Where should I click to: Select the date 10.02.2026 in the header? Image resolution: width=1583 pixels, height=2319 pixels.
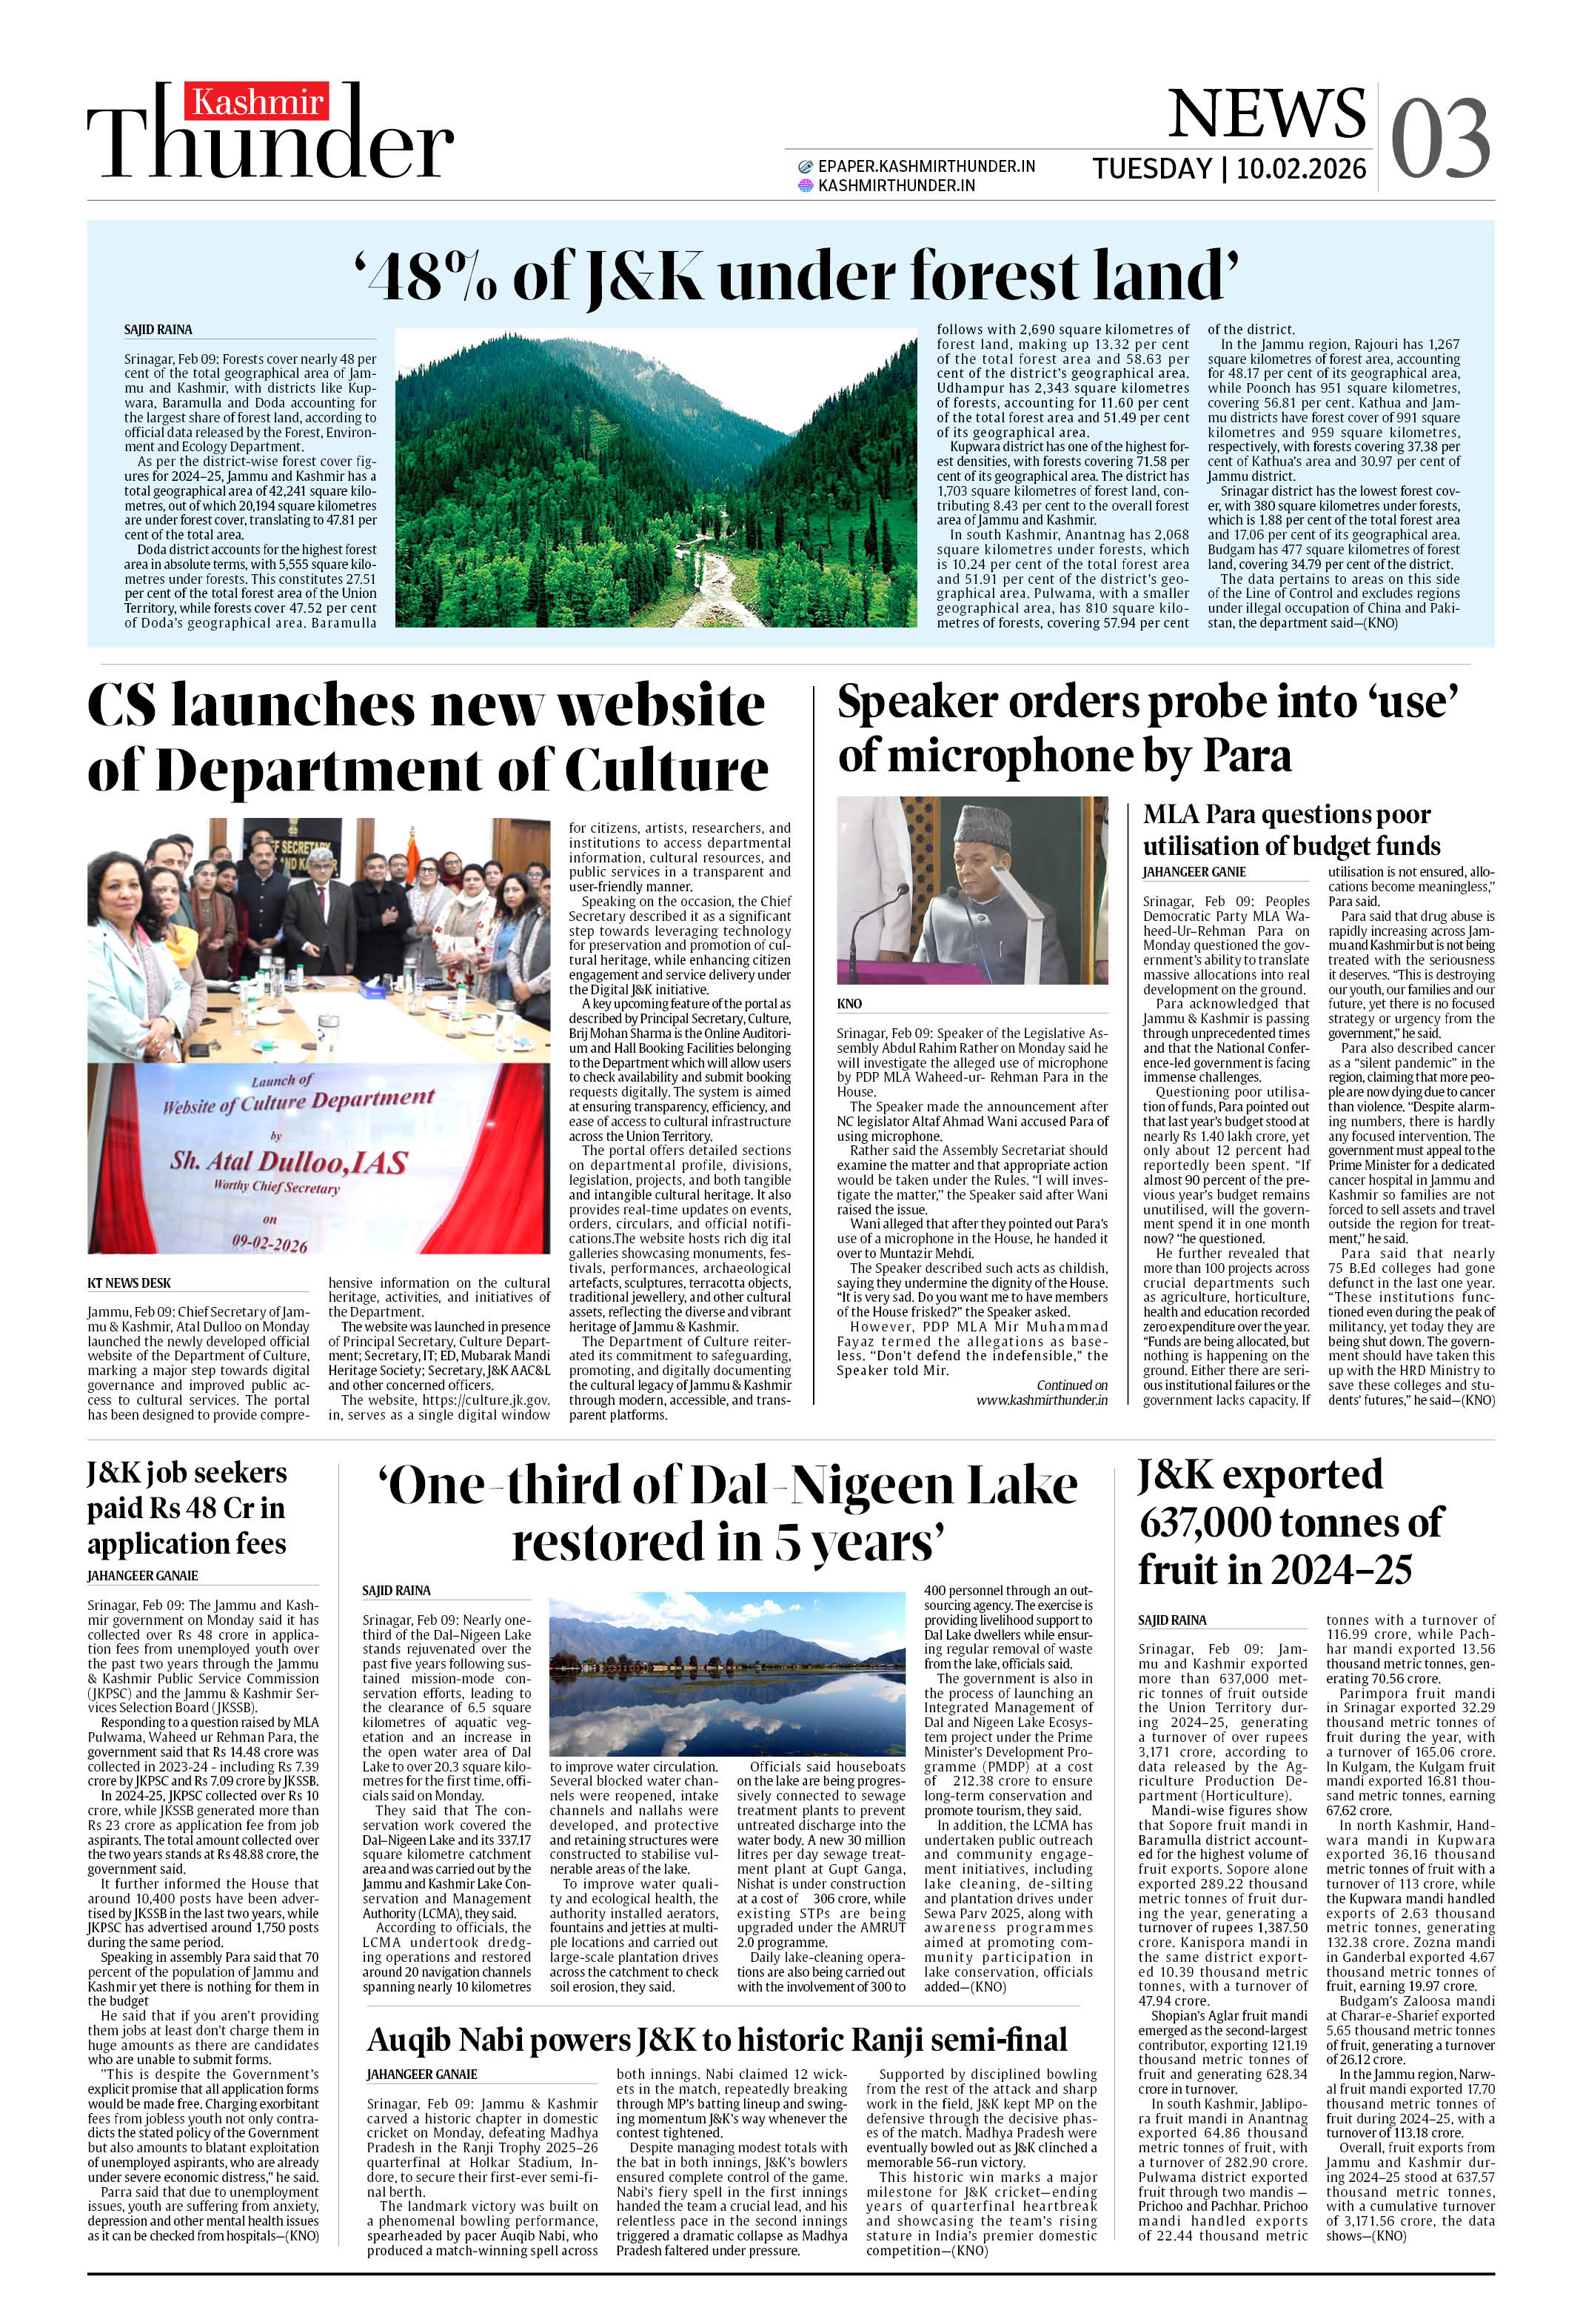(x=1301, y=169)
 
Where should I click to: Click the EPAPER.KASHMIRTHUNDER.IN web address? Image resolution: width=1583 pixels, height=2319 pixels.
(x=926, y=167)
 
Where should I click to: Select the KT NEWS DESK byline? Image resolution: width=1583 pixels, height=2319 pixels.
(x=130, y=1282)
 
